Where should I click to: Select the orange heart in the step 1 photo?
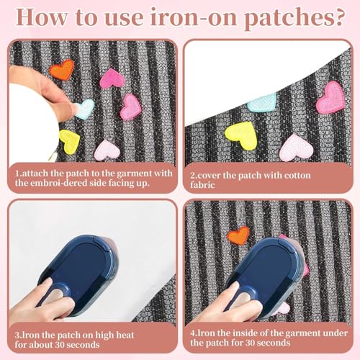pyautogui.click(x=62, y=69)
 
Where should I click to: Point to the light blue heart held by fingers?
pyautogui.click(x=84, y=109)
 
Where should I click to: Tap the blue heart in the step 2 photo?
pyautogui.click(x=263, y=102)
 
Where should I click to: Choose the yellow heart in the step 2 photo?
pyautogui.click(x=240, y=135)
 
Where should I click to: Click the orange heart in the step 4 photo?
pyautogui.click(x=238, y=235)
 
